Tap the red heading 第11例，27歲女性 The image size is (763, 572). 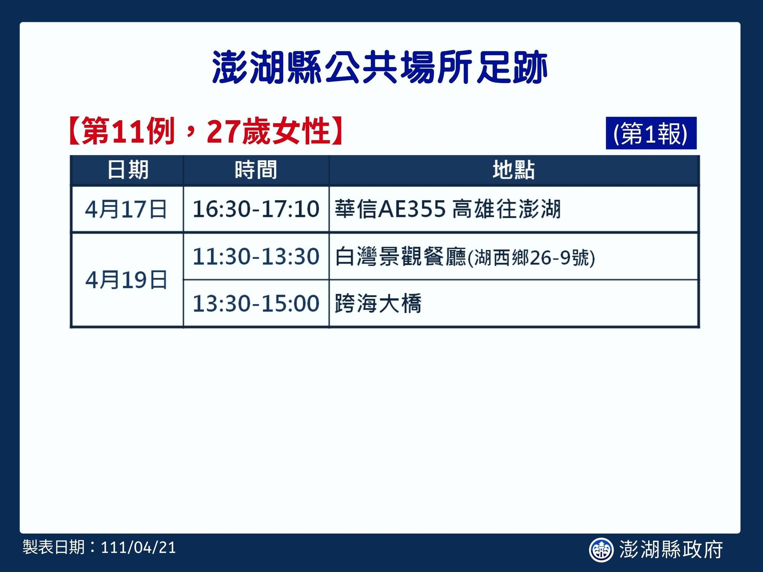[x=206, y=131]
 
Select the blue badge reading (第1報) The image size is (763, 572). [x=651, y=133]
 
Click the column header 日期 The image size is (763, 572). [x=128, y=170]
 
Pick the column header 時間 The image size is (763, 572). [x=256, y=170]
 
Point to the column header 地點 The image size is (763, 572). [x=514, y=170]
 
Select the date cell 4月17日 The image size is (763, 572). [x=126, y=209]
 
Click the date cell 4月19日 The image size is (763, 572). [x=126, y=280]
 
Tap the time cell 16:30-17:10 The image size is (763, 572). [x=256, y=209]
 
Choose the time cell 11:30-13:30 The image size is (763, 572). [x=256, y=257]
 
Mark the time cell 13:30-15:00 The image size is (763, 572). [x=256, y=304]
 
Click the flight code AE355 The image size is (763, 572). [x=412, y=209]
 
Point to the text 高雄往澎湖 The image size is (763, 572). [x=506, y=209]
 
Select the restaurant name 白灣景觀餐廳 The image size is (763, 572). [x=401, y=257]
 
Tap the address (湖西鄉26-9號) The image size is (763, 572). [x=531, y=258]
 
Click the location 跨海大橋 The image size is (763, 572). [x=378, y=304]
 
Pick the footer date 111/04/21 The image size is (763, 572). [x=138, y=548]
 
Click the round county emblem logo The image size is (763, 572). [x=601, y=550]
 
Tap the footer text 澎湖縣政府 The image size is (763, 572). [x=671, y=550]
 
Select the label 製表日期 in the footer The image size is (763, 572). [x=54, y=548]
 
